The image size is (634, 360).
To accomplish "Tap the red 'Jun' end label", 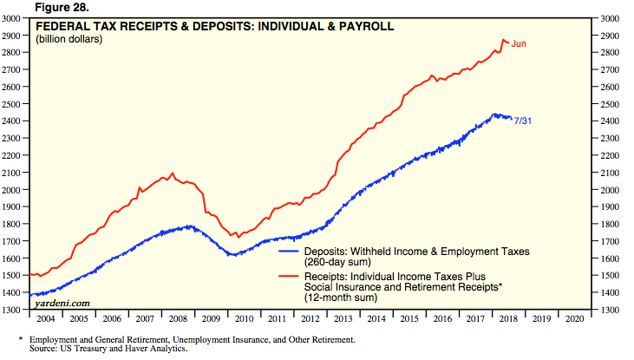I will pos(520,43).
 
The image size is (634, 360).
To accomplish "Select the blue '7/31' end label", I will pos(523,120).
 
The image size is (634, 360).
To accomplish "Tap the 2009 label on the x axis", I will pos(212,319).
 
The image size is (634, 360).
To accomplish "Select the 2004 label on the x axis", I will pos(47,319).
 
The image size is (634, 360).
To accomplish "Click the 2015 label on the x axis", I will pos(409,319).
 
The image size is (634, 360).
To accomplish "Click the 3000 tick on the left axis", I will pos(13,18).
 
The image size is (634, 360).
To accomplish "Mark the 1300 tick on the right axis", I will pos(610,310).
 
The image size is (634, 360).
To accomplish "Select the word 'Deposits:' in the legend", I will pos(325,251).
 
